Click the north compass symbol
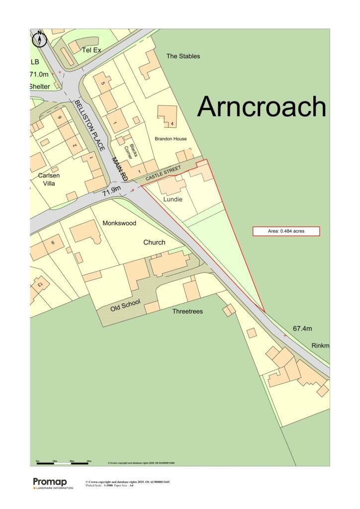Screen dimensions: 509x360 tap(40, 39)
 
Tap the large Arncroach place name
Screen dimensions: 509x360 tap(262, 106)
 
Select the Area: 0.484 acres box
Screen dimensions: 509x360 tap(286, 231)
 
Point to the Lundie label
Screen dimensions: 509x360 tap(173, 199)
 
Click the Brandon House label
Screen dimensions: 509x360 tap(171, 139)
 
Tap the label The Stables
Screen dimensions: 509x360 tap(183, 56)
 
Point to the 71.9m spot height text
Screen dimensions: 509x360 tap(112, 191)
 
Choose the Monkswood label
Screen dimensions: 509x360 tap(119, 223)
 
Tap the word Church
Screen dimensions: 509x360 tap(154, 243)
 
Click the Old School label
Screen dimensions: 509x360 tap(125, 305)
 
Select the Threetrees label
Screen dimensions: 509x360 tap(187, 312)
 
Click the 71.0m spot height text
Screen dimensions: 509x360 tap(40, 74)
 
